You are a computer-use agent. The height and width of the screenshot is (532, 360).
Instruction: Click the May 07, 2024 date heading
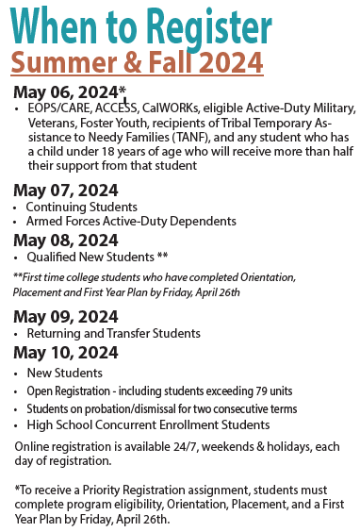(x=66, y=191)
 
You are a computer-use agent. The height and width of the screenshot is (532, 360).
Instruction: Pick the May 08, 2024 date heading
(x=66, y=240)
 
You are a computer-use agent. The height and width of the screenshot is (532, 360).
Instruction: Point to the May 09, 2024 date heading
(x=66, y=316)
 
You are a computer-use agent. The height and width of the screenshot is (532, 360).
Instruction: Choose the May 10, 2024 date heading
(x=66, y=353)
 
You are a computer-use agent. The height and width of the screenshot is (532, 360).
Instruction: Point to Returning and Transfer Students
(x=113, y=333)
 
